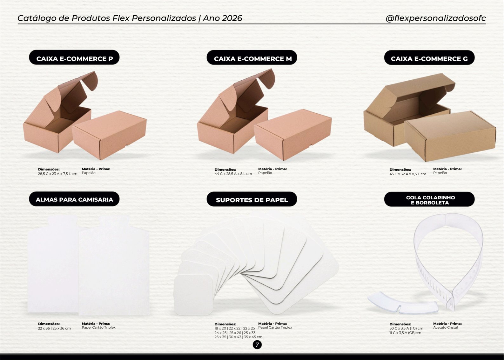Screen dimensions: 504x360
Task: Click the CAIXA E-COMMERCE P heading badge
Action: [74, 57]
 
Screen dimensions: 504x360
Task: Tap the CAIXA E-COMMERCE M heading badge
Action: [252, 57]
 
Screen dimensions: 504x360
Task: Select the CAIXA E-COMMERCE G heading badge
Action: [429, 57]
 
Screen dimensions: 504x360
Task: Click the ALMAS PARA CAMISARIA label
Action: [74, 199]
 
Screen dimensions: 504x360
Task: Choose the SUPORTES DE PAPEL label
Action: [252, 199]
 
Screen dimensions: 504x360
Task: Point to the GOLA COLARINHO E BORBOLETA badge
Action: [429, 199]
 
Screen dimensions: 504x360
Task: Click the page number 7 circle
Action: [257, 344]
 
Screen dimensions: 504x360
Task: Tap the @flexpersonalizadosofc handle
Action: [436, 18]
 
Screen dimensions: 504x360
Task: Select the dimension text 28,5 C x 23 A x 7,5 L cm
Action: [57, 174]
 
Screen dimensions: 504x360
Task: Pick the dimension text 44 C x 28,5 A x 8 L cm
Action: [233, 174]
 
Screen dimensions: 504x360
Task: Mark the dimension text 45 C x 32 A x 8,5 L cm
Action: [408, 174]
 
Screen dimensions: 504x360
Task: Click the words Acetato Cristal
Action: [445, 327]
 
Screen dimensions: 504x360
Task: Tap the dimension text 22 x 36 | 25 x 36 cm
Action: [54, 328]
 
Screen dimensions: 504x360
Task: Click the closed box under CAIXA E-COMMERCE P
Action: [109, 135]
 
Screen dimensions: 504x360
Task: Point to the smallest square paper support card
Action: [194, 295]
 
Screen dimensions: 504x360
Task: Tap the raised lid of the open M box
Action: [247, 90]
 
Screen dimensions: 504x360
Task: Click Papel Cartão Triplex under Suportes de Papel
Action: [275, 327]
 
